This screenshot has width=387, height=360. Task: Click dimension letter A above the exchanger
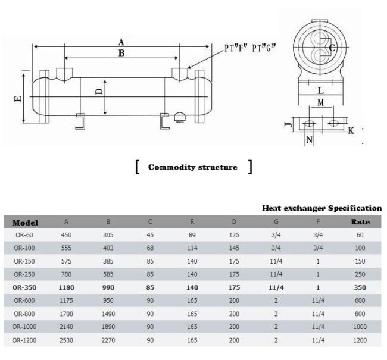point(121,42)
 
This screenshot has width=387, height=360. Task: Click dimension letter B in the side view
point(121,53)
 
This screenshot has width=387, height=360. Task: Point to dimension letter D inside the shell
point(99,92)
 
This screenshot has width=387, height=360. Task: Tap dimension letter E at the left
point(18,99)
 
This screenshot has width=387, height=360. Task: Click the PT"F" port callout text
point(236,48)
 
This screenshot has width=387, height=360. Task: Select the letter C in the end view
point(332,48)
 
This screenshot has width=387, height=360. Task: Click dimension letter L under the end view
point(320,91)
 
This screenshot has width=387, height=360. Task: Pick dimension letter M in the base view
point(320,102)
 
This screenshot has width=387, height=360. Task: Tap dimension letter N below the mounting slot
point(309,140)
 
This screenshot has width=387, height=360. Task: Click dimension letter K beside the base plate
point(351,130)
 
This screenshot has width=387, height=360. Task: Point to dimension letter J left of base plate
point(288,124)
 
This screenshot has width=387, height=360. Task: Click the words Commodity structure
point(192,167)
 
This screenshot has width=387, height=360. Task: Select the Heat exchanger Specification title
point(322,208)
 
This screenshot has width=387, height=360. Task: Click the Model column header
point(25,223)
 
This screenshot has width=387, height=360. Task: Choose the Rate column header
point(360,221)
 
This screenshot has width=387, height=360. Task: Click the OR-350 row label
point(24,287)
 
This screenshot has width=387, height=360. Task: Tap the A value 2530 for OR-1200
point(66,340)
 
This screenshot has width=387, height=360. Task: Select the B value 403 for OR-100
point(108,248)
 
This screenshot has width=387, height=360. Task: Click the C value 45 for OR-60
point(150,234)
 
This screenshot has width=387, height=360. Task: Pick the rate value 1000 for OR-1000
point(360,327)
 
